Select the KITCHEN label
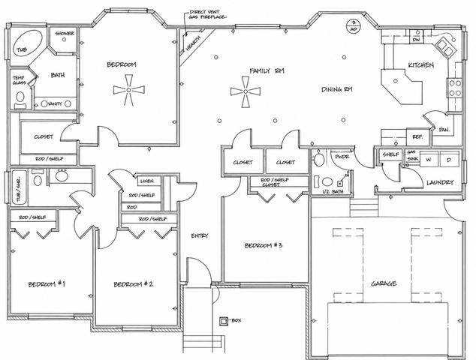pyautogui.click(x=420, y=66)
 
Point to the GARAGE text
pyautogui.click(x=383, y=284)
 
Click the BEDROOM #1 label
pyautogui.click(x=47, y=284)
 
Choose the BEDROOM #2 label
pyautogui.click(x=134, y=284)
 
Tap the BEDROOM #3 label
pyautogui.click(x=262, y=245)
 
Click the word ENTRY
pyautogui.click(x=199, y=235)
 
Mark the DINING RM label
pyautogui.click(x=337, y=90)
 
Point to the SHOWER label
pyautogui.click(x=63, y=34)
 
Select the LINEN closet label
pyautogui.click(x=147, y=181)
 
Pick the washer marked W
pyautogui.click(x=428, y=160)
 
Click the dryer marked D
pyautogui.click(x=448, y=160)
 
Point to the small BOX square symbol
pyautogui.click(x=223, y=321)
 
